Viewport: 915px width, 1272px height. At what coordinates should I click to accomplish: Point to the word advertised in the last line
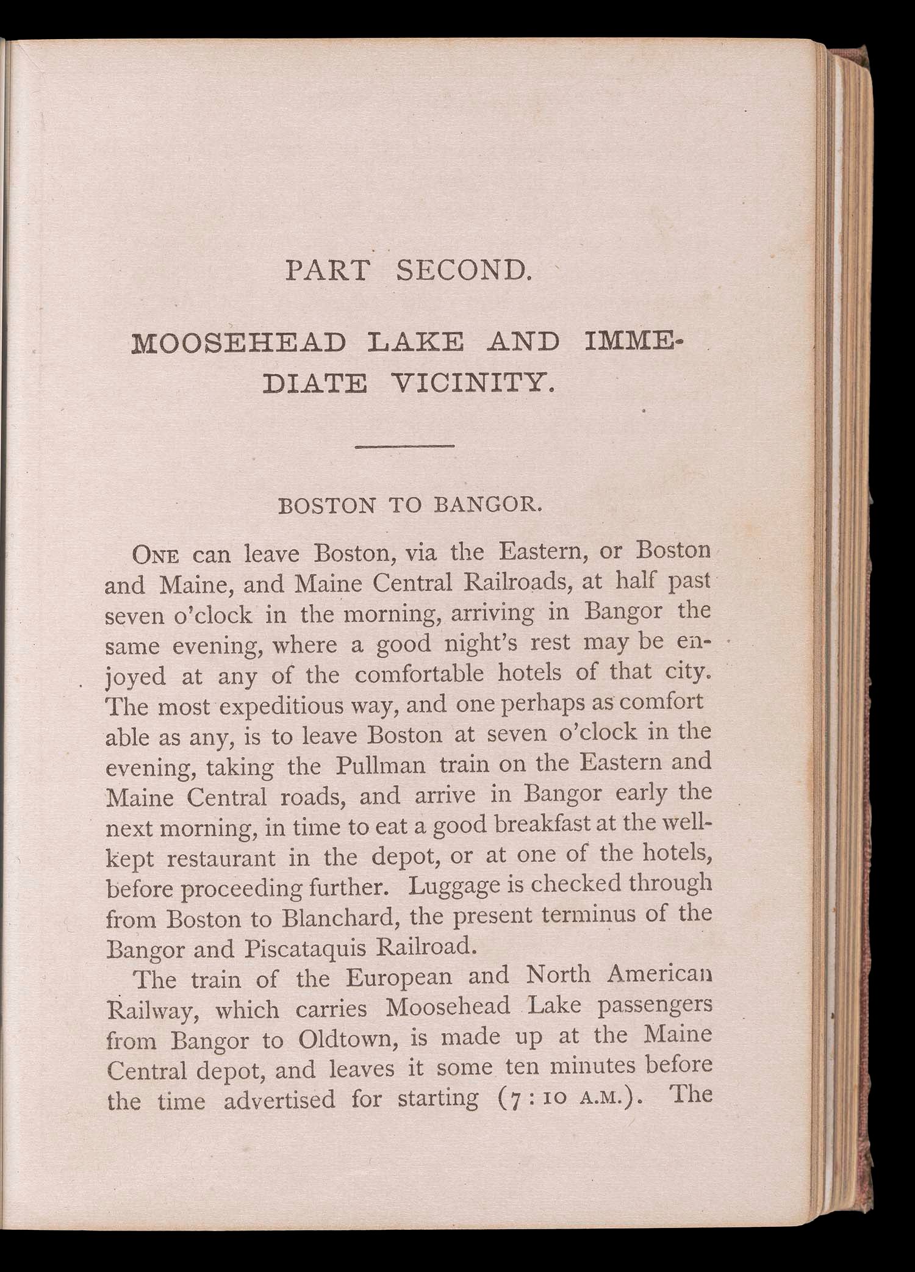point(279,1100)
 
